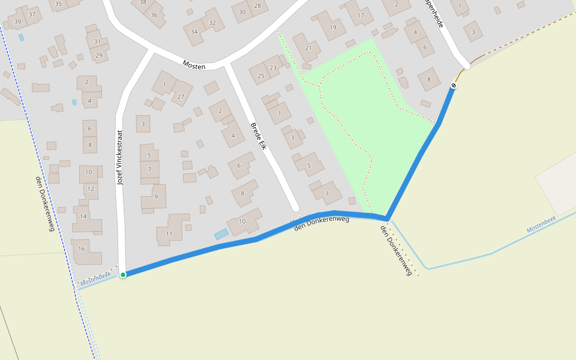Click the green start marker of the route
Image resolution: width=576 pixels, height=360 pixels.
click(123, 275)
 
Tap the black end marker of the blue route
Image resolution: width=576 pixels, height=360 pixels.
click(454, 85)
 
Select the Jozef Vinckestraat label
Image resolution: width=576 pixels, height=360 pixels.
click(120, 157)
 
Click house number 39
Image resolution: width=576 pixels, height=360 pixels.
click(17, 22)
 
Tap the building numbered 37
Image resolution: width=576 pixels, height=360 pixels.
click(32, 14)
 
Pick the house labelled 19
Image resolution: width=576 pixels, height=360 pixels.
click(333, 28)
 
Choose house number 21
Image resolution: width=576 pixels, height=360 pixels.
click(309, 48)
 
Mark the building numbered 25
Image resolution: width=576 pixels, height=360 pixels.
click(261, 76)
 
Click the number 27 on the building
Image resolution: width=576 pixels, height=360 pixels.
click(181, 97)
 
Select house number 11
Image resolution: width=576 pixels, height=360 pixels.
click(169, 234)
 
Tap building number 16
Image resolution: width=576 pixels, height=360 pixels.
click(82, 249)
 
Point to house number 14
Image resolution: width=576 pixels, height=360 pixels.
click(83, 216)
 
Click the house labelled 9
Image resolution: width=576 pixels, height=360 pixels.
click(156, 196)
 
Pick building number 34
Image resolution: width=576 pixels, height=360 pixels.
click(194, 32)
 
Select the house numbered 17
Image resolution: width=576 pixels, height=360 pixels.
click(361, 16)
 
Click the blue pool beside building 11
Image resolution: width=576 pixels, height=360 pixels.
click(221, 233)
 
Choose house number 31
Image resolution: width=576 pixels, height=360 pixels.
click(97, 41)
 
